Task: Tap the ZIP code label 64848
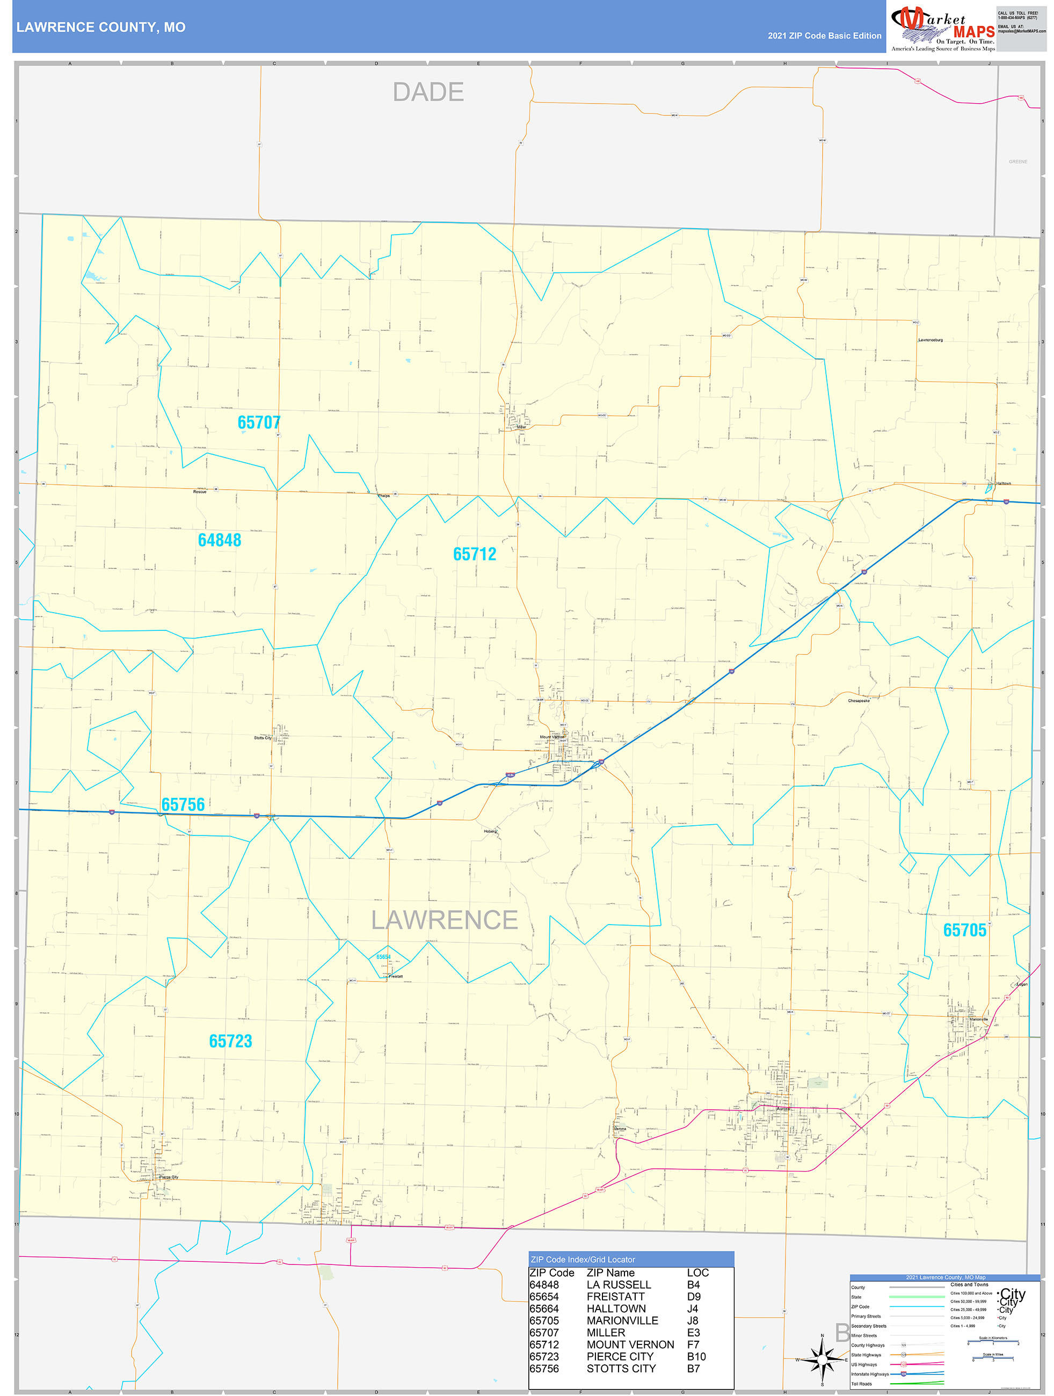[x=219, y=540]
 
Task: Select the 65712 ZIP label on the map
[x=475, y=554]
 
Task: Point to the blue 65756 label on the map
[x=183, y=805]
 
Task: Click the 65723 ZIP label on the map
[x=230, y=1041]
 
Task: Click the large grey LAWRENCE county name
[x=445, y=920]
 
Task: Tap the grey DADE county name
[x=428, y=92]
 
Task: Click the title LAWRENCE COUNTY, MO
[x=101, y=27]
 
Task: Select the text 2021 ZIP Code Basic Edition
[x=824, y=36]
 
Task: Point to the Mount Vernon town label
[x=553, y=737]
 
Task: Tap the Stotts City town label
[x=263, y=738]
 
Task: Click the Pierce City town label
[x=169, y=1177]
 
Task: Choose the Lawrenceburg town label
[x=931, y=340]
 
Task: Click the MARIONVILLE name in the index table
[x=622, y=1320]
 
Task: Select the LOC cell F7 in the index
[x=693, y=1344]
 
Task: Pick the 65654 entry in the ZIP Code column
[x=543, y=1296]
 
